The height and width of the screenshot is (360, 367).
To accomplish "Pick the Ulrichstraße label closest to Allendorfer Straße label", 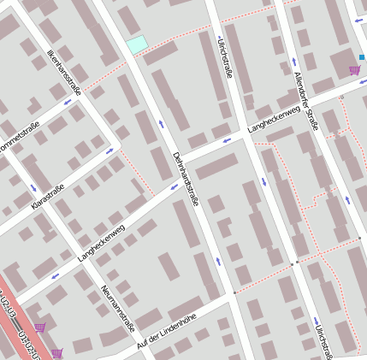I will pos(226,56).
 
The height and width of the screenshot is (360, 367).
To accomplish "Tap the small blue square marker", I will pos(362,57).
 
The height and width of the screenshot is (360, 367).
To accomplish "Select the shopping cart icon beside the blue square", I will pos(354,70).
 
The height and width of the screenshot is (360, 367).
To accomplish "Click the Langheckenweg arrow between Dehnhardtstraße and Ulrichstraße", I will pos(227,140).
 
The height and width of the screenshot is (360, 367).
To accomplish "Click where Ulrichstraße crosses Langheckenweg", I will pos(245,133).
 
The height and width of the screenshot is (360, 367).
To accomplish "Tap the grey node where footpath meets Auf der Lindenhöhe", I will pos(234,292).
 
